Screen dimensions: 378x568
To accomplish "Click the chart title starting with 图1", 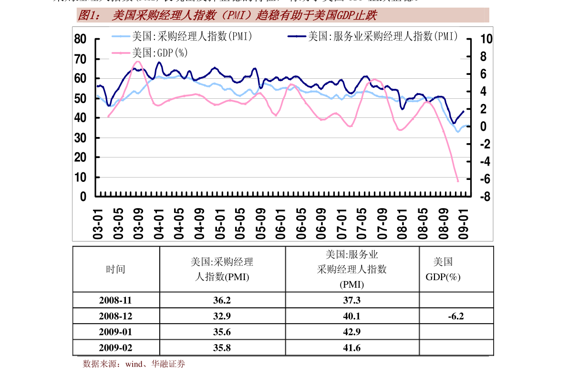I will (227, 16).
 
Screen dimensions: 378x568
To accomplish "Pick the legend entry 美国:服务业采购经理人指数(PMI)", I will (382, 36).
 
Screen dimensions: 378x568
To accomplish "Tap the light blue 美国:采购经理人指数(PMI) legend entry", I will (191, 36).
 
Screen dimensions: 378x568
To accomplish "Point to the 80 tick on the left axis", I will (81, 40).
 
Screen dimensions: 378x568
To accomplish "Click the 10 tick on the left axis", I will (81, 178).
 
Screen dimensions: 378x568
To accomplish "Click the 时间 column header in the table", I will (115, 269).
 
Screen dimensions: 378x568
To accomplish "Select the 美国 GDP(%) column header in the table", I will (443, 269).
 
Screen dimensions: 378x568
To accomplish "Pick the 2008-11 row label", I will (115, 300).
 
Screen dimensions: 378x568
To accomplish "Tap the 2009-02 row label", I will (115, 347).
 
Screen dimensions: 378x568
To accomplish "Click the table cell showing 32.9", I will (222, 316).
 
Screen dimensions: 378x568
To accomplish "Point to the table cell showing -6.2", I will (456, 316).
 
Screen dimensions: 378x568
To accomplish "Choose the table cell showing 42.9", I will (351, 332).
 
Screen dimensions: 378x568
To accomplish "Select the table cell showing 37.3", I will (351, 300).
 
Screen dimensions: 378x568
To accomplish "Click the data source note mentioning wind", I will (134, 364).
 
